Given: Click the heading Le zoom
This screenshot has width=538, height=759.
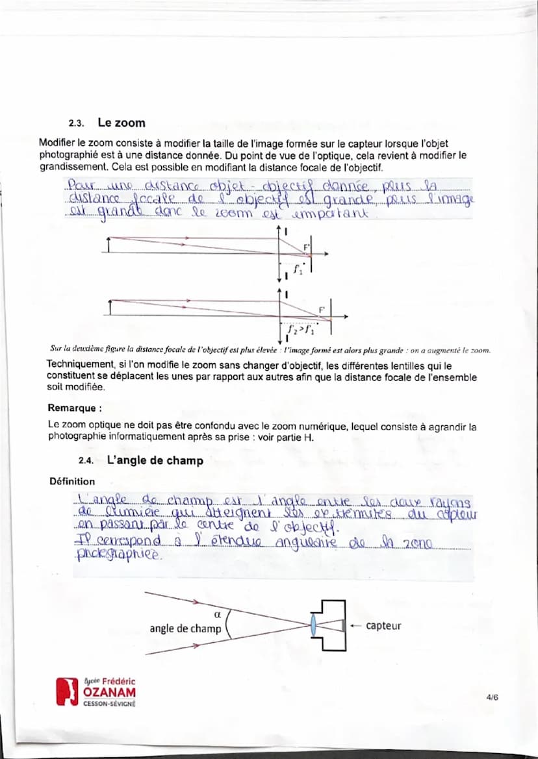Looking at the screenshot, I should [x=122, y=123].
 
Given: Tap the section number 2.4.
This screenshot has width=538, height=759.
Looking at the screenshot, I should [x=86, y=461].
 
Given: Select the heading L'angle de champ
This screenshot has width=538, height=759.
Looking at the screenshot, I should [x=155, y=460].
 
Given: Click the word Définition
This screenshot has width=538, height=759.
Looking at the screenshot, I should [x=71, y=481].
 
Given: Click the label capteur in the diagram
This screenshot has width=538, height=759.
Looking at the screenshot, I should [x=383, y=626].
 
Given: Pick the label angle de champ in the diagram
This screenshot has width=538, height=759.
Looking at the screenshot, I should [x=185, y=628].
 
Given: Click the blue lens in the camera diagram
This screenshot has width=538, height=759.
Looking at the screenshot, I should [x=314, y=625].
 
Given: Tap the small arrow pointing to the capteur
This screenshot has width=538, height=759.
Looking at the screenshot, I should [x=355, y=626].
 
